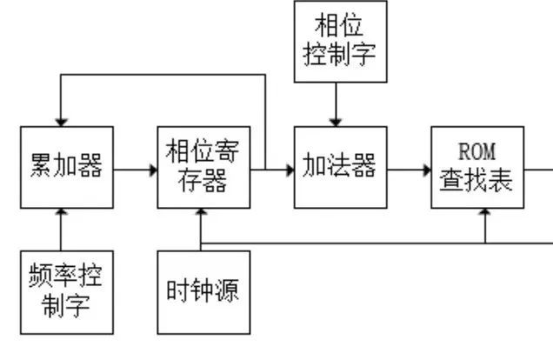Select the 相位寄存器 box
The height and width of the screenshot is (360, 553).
click(203, 167)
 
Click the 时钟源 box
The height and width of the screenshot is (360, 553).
click(203, 291)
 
